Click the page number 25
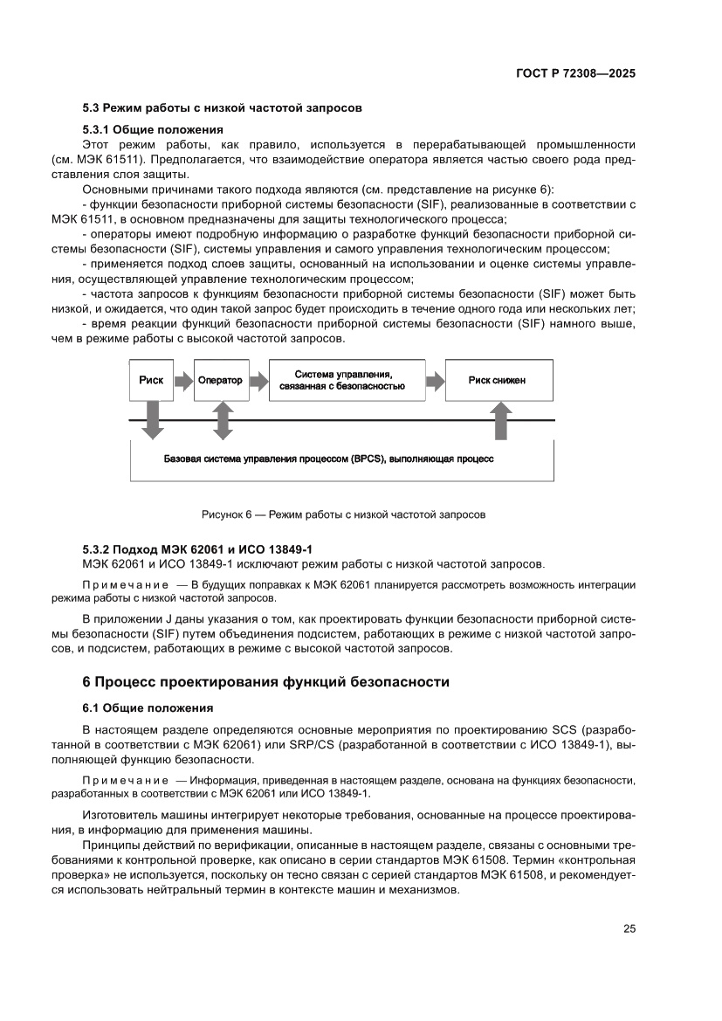[x=629, y=928]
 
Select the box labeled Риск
[x=151, y=381]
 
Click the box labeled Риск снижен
[x=497, y=381]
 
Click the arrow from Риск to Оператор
[x=182, y=381]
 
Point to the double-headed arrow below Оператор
[x=222, y=421]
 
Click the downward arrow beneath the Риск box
[x=152, y=420]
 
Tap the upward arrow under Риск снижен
[x=501, y=420]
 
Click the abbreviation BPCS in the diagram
[x=368, y=458]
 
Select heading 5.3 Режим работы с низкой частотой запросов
[x=222, y=108]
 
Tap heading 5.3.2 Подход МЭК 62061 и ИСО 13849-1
[x=196, y=548]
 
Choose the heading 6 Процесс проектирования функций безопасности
[x=265, y=681]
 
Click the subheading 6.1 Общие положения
[x=148, y=707]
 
